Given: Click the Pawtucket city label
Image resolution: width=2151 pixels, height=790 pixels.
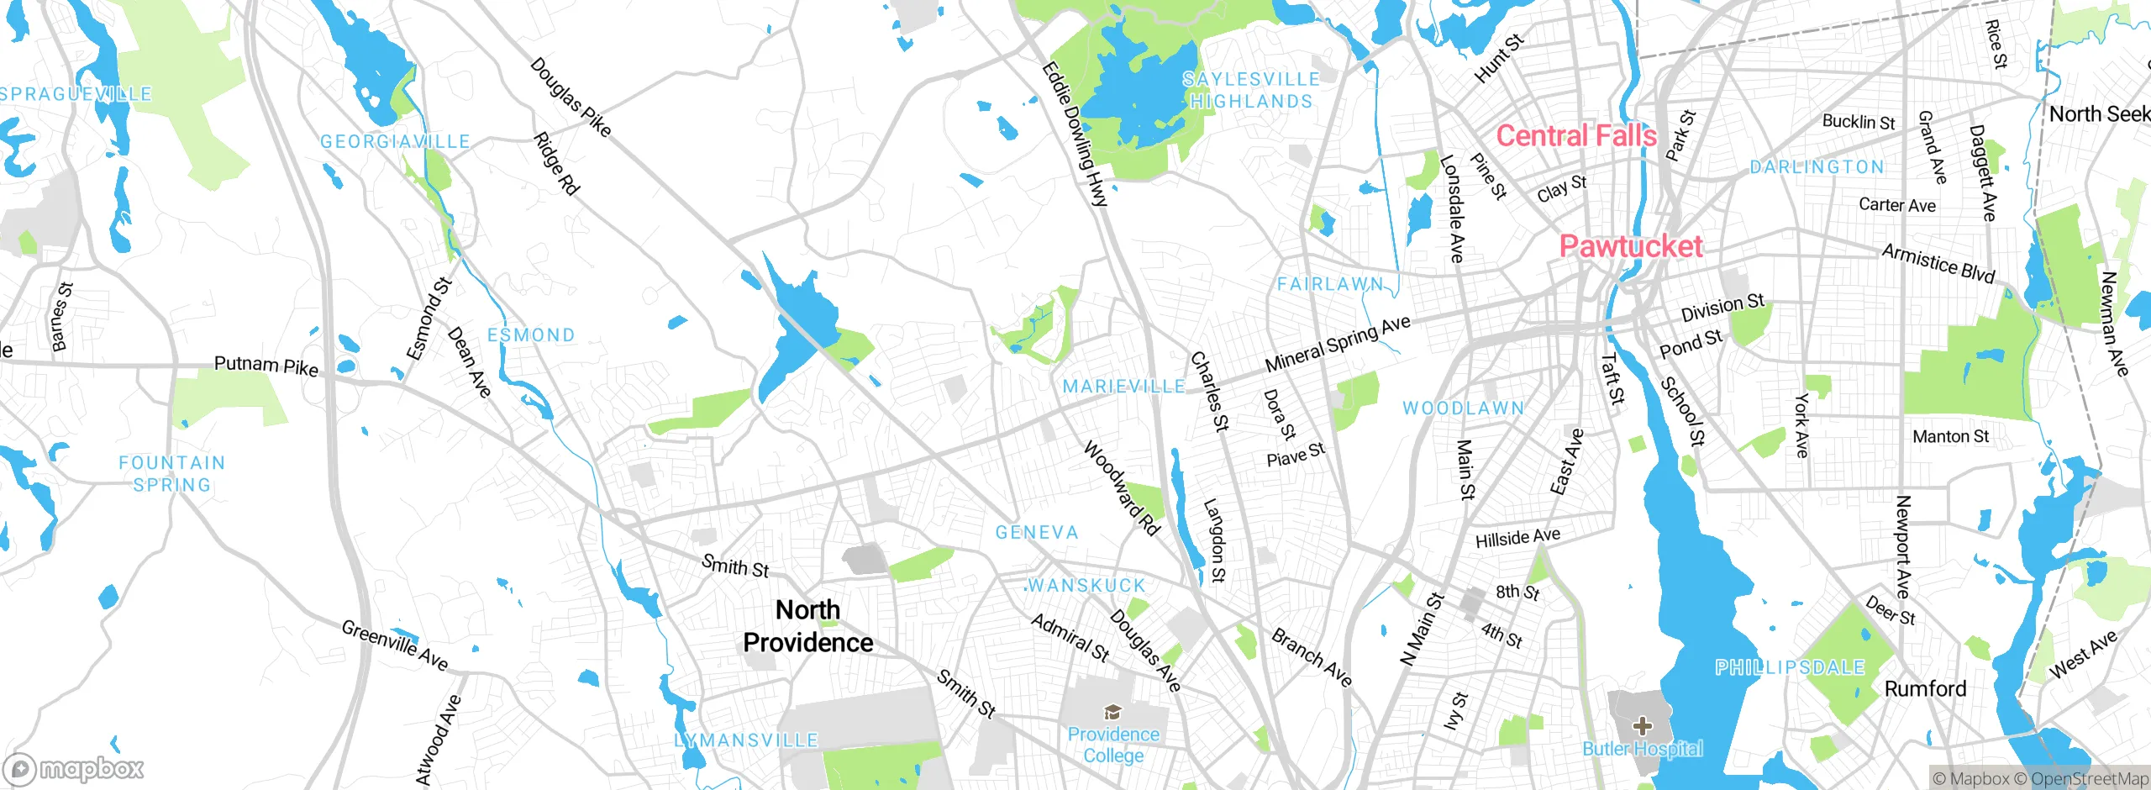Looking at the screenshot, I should [1631, 246].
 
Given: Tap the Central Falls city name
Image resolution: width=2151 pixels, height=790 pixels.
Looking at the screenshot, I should [1576, 136].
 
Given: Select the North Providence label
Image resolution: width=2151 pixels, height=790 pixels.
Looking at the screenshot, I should [807, 626].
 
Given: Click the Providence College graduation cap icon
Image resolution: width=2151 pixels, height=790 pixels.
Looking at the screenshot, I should [1113, 713].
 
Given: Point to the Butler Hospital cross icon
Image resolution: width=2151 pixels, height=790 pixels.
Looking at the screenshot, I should [1643, 725].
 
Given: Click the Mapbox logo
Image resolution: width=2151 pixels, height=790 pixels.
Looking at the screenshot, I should [74, 768].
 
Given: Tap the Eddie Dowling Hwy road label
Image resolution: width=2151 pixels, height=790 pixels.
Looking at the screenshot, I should [1075, 134].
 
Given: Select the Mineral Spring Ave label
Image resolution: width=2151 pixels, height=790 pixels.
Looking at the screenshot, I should [1338, 344].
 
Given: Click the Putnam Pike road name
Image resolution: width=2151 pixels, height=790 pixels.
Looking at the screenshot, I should [266, 366].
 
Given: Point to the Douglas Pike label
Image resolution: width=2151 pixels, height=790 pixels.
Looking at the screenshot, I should [571, 97].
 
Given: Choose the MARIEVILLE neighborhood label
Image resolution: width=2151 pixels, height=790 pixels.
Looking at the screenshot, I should [1123, 387].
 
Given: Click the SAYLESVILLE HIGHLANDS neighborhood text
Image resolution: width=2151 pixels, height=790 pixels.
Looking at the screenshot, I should [1250, 90].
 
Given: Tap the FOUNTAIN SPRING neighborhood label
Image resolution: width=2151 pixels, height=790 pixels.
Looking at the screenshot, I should [171, 474].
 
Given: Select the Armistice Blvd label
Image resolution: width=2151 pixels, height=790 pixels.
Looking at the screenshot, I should [1938, 263].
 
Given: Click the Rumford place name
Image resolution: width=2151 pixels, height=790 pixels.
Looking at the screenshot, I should [1925, 689].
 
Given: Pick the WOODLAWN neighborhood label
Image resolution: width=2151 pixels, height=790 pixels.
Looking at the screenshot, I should [1463, 408].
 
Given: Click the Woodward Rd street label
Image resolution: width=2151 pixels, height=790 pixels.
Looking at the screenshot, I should [1122, 487].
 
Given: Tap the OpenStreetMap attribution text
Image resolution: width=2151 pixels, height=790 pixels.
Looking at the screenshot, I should [2090, 779].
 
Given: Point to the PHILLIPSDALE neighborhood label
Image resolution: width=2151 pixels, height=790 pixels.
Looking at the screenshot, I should [1790, 667].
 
